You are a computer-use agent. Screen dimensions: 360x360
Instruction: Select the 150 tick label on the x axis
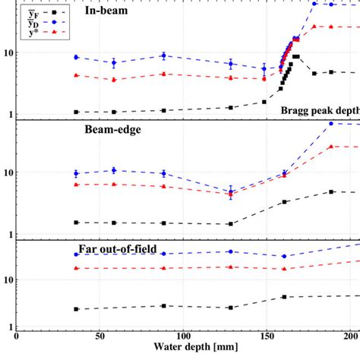[x=265, y=335]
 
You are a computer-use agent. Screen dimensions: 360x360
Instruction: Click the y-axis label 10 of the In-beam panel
[x=8, y=53]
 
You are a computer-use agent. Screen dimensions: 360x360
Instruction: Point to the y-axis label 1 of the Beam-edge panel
[x=10, y=234]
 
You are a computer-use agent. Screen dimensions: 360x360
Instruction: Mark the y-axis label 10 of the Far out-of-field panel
[x=8, y=280]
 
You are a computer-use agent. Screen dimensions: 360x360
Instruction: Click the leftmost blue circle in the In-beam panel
[x=76, y=58]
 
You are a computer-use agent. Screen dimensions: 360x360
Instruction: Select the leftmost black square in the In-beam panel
[x=76, y=112]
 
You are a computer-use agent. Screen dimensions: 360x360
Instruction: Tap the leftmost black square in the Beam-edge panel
[x=76, y=222]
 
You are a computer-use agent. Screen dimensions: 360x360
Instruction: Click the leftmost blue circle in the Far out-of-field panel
[x=76, y=254]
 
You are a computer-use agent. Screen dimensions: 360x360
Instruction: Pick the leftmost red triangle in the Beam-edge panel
[x=76, y=185]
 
